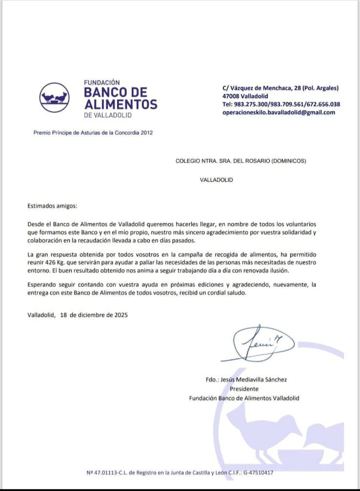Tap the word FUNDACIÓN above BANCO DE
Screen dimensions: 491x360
[x=102, y=83]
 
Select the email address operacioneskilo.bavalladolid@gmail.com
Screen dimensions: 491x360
[x=279, y=112]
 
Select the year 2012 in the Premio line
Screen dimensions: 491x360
[x=146, y=132]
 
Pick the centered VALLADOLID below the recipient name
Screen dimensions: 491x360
[x=216, y=180]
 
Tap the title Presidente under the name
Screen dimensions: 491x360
[x=244, y=389]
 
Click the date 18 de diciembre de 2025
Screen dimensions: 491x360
[x=94, y=315]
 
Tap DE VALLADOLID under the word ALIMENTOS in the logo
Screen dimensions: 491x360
[x=108, y=115]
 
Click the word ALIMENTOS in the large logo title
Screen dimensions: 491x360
[x=121, y=104]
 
